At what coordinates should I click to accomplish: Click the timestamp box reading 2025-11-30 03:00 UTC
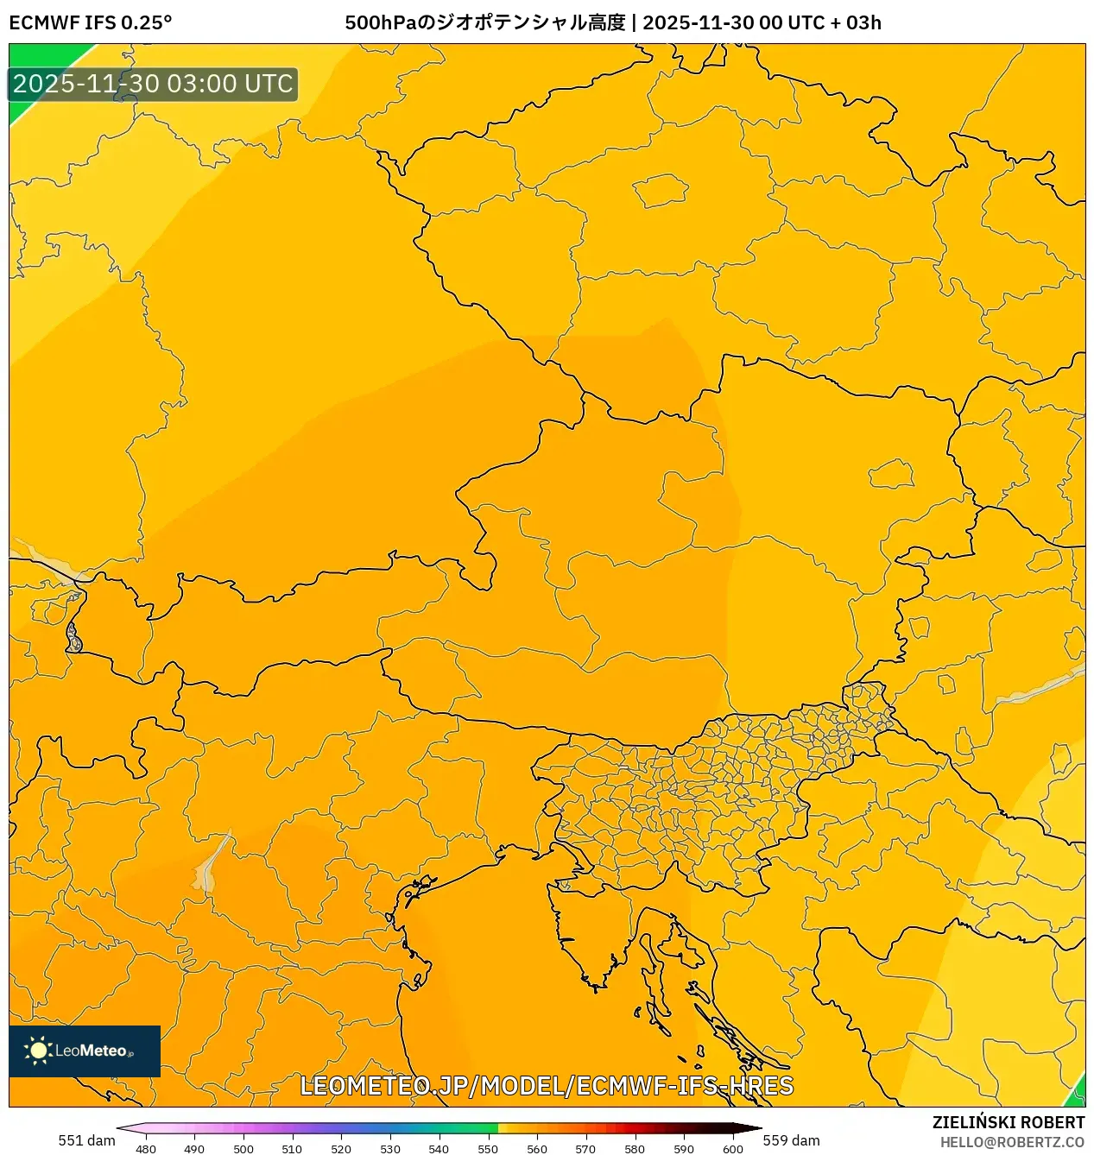coord(153,84)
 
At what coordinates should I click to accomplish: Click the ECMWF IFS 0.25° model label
coord(90,22)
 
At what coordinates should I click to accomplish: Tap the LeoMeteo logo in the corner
coord(85,1051)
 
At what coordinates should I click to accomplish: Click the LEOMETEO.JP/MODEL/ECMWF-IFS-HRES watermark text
coord(546,1086)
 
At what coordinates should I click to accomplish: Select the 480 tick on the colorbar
coord(146,1148)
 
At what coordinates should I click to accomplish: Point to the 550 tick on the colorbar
coord(488,1148)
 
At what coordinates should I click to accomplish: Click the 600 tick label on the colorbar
coord(732,1148)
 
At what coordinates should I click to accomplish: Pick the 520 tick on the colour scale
coord(341,1148)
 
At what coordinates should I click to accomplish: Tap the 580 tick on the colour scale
coord(635,1148)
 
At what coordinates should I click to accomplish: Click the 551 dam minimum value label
coord(86,1140)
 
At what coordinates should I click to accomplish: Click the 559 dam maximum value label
coord(791,1140)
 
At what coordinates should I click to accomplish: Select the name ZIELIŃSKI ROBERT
coord(1008,1122)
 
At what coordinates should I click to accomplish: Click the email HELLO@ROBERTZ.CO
coord(1012,1142)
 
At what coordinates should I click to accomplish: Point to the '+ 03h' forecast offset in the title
coord(856,22)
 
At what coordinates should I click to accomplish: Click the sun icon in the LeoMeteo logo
coord(38,1051)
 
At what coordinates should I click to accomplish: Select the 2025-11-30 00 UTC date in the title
coord(733,22)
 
